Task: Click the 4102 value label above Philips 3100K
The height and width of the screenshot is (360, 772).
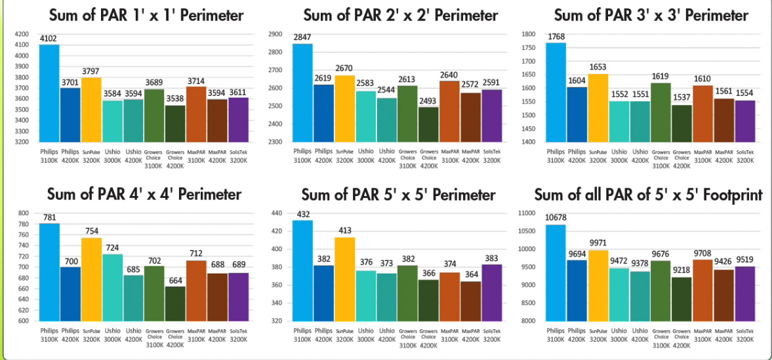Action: click(x=49, y=39)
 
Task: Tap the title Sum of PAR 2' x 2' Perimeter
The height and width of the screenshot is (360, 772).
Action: click(x=401, y=15)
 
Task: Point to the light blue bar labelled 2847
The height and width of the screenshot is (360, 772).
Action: click(x=302, y=92)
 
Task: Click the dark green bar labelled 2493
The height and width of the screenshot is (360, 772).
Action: click(x=429, y=124)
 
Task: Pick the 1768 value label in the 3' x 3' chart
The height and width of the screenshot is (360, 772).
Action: click(x=556, y=37)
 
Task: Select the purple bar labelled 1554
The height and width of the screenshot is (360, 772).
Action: click(x=745, y=121)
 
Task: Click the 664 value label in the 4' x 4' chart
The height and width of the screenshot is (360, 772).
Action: click(x=175, y=281)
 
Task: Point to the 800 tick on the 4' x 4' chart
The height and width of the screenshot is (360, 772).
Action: click(x=24, y=213)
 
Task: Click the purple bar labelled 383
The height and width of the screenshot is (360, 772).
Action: click(x=492, y=292)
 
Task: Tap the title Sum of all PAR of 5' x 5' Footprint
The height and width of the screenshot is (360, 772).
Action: click(x=648, y=195)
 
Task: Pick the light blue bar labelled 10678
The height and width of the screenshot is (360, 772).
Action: click(x=555, y=272)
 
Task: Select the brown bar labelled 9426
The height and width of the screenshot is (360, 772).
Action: click(x=724, y=294)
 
